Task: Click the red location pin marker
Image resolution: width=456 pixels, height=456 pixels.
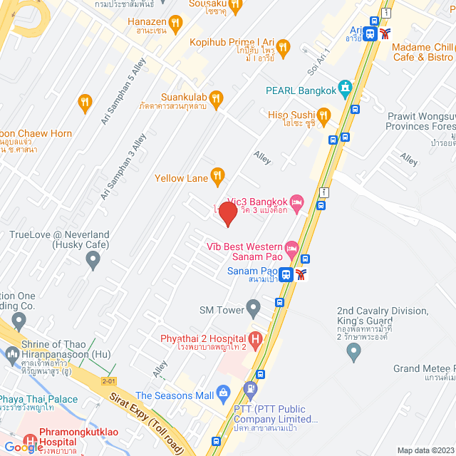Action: (227, 214)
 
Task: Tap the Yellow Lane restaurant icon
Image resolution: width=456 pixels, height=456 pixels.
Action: (217, 174)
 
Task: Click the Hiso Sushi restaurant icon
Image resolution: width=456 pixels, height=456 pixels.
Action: (324, 115)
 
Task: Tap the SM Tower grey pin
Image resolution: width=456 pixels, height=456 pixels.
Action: (253, 309)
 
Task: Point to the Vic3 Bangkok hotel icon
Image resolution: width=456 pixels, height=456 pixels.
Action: (298, 202)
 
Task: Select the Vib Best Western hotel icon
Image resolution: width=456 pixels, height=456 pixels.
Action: (291, 250)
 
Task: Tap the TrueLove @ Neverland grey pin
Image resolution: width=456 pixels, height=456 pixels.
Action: (93, 262)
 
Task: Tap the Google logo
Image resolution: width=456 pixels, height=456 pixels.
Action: (24, 447)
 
